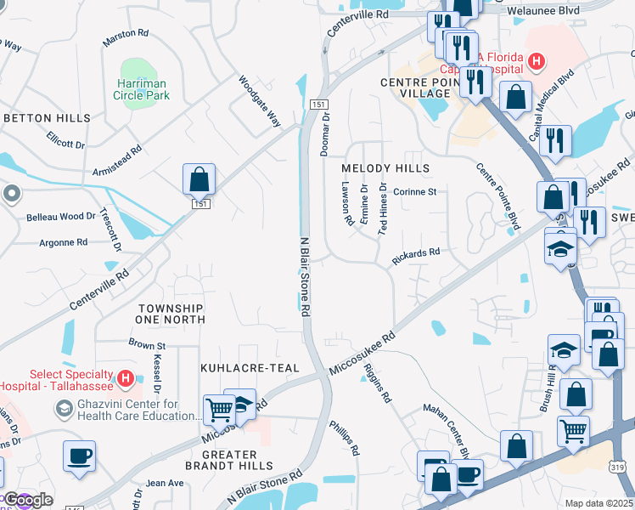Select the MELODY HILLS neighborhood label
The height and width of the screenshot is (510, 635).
click(x=385, y=168)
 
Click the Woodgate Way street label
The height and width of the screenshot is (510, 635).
click(x=259, y=101)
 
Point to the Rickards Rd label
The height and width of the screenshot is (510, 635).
click(x=415, y=252)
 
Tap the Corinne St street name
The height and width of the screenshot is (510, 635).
click(x=414, y=192)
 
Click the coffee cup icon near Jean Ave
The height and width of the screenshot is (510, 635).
click(x=79, y=456)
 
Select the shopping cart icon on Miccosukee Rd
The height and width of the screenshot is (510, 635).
click(x=219, y=411)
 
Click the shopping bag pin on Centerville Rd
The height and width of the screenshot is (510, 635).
click(x=199, y=179)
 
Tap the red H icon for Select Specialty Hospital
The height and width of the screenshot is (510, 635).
click(x=125, y=377)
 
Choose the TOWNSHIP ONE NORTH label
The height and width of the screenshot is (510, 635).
click(x=170, y=314)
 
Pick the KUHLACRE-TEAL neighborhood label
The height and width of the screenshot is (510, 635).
click(x=250, y=368)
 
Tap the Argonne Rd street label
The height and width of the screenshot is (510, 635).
click(x=63, y=243)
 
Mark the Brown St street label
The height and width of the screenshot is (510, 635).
click(x=147, y=345)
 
